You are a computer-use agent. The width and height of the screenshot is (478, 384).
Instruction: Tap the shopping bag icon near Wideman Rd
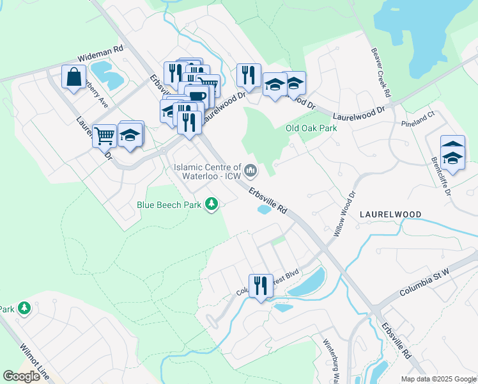click(74, 77)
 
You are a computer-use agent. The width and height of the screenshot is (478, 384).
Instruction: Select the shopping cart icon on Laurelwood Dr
click(104, 134)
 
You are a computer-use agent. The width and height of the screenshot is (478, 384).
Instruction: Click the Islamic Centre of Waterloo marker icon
click(251, 171)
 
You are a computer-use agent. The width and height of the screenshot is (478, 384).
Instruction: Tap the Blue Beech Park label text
click(169, 205)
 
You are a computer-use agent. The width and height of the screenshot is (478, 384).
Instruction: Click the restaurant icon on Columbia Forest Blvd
click(261, 285)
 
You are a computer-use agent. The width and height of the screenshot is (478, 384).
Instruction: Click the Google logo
click(22, 376)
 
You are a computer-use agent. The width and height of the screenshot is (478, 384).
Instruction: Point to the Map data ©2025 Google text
click(438, 379)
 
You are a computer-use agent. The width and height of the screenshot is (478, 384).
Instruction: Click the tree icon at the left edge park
click(24, 308)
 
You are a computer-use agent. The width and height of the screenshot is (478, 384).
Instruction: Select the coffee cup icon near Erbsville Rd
click(197, 97)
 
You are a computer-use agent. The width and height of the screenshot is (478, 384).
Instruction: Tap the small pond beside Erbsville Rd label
click(264, 209)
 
